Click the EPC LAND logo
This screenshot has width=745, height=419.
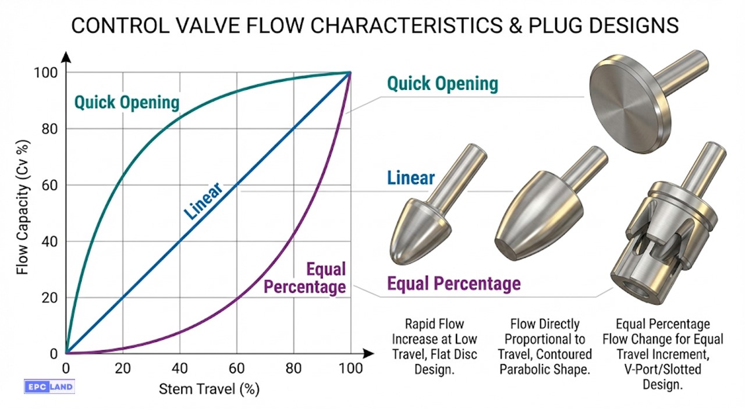[49, 386]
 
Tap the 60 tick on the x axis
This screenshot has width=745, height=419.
[236, 368]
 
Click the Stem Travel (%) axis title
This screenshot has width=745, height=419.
[209, 389]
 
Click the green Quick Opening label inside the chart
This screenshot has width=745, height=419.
[126, 103]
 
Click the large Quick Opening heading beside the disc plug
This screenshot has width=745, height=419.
[443, 84]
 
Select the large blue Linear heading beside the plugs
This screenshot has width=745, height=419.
[411, 177]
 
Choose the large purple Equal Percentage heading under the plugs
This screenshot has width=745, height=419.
[454, 284]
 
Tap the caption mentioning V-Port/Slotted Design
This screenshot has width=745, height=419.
[662, 354]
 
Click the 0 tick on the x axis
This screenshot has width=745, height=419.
[66, 368]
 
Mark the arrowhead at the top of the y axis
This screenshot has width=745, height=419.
[66, 57]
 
